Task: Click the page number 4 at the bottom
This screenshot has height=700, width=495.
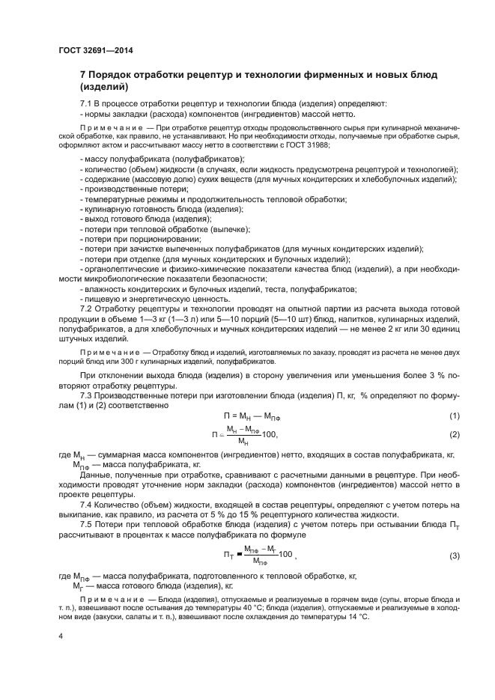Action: [60, 636]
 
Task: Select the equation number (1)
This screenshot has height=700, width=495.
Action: [453, 416]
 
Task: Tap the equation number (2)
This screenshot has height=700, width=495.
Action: [453, 434]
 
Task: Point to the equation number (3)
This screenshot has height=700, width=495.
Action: [453, 556]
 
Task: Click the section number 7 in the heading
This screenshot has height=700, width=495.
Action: [83, 76]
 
